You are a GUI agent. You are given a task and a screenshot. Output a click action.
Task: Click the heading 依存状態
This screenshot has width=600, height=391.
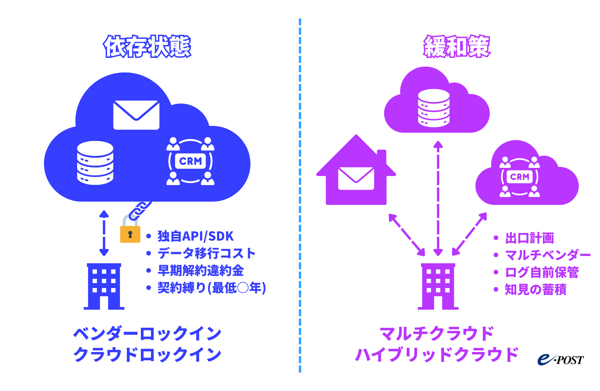(147, 46)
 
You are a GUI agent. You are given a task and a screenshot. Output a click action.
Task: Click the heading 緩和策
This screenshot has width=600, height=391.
(457, 46)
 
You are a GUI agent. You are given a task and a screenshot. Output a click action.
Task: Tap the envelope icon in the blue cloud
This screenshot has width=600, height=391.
(136, 115)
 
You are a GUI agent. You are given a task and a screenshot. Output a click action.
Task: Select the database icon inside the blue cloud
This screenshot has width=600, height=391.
(95, 163)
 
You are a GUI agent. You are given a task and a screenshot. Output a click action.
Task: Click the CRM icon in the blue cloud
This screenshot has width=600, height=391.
(190, 161)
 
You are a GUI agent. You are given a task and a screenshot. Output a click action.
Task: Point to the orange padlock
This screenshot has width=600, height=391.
(130, 234)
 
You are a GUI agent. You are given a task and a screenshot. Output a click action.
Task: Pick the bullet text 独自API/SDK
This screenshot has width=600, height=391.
(195, 236)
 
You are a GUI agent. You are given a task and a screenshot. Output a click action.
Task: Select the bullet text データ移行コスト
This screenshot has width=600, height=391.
(206, 253)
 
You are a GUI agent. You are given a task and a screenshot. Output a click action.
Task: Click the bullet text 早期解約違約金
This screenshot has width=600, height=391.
(201, 271)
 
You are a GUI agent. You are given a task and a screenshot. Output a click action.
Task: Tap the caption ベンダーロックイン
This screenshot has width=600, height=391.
(147, 334)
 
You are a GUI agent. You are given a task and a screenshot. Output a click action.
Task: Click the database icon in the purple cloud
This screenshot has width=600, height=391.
(434, 108)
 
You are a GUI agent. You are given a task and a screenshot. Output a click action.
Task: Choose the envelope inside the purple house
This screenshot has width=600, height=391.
(356, 178)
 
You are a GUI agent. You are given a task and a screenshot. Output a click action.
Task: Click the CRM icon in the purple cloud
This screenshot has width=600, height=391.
(520, 177)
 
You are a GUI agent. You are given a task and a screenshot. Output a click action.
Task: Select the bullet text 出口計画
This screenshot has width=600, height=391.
(529, 238)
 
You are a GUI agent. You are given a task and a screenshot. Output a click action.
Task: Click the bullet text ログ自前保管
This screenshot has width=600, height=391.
(542, 272)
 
